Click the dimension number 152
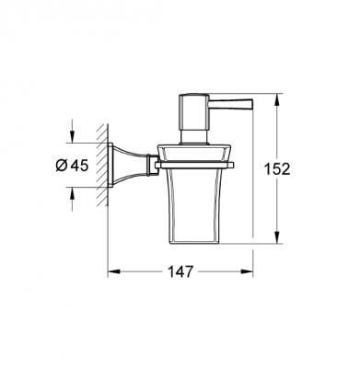tap(275, 168)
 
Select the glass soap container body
tap(197, 202)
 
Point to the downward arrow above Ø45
tap(69, 139)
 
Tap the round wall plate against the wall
tap(114, 167)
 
